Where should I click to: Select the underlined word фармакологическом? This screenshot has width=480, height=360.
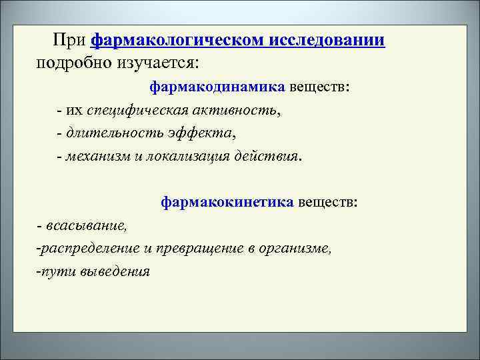pos(178,41)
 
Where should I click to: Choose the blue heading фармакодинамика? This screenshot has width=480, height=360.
pos(217,87)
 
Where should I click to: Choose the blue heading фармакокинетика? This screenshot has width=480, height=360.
pos(227,202)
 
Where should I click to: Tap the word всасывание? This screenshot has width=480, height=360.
pos(86,225)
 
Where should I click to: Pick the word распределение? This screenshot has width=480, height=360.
pos(89,248)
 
